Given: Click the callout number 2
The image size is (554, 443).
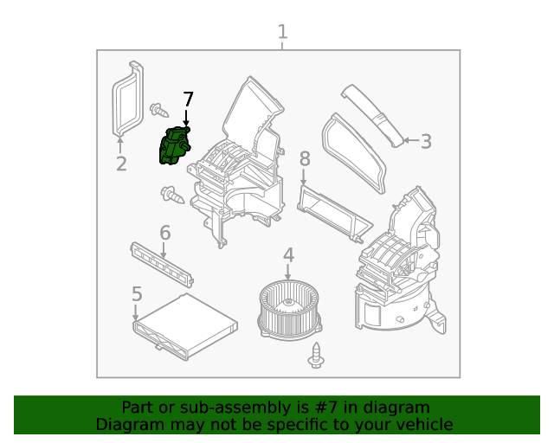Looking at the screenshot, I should click(x=121, y=163).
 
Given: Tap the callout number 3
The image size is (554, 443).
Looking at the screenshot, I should click(x=425, y=141).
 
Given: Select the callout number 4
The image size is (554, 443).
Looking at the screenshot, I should click(x=288, y=255).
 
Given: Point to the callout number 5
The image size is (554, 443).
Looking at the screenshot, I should click(x=137, y=294).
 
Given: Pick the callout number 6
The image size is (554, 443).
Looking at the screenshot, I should click(x=164, y=232).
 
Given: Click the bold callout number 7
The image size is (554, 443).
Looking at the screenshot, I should click(x=188, y=100).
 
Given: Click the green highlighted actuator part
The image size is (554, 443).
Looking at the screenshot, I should click(x=176, y=145).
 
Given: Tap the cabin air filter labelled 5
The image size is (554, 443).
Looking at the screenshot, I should click(x=184, y=325).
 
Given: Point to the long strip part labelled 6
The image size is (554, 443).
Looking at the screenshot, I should click(x=161, y=262).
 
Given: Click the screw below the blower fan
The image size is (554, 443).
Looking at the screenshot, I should click(x=316, y=355).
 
